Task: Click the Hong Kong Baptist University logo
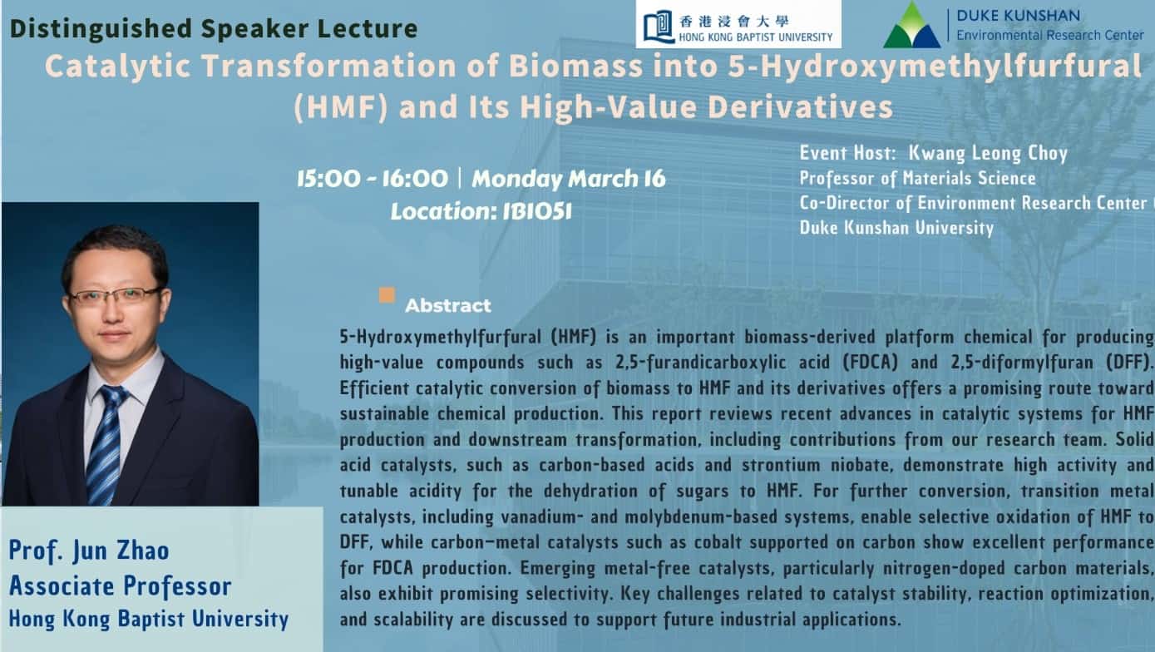click(738, 24)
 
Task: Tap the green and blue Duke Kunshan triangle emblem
click(911, 25)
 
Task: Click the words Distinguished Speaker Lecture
click(214, 28)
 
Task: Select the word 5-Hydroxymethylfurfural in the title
click(935, 67)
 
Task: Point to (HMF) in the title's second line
click(340, 106)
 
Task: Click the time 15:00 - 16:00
click(373, 179)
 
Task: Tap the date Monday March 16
click(568, 179)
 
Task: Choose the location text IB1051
click(537, 211)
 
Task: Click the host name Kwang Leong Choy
click(987, 153)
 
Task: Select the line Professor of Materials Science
click(917, 178)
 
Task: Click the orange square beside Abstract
click(387, 295)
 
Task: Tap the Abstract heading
click(447, 305)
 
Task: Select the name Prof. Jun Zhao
click(89, 551)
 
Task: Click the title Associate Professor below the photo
click(120, 585)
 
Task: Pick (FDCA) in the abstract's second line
click(870, 362)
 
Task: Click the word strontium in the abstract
click(781, 465)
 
